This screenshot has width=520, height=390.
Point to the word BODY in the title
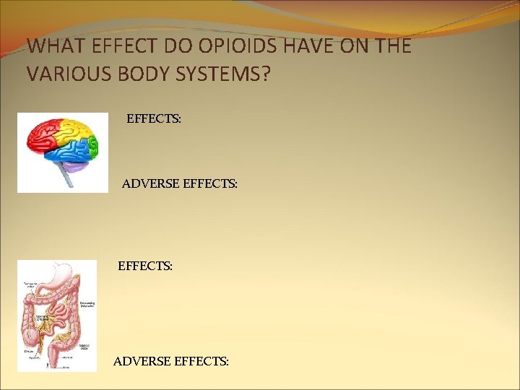[x=136, y=74]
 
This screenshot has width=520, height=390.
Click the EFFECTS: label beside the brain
[x=153, y=117]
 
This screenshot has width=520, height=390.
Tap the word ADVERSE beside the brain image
[x=150, y=184]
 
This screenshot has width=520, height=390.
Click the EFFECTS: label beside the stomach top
[x=144, y=266]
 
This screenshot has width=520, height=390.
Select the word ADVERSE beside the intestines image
[x=142, y=360]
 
